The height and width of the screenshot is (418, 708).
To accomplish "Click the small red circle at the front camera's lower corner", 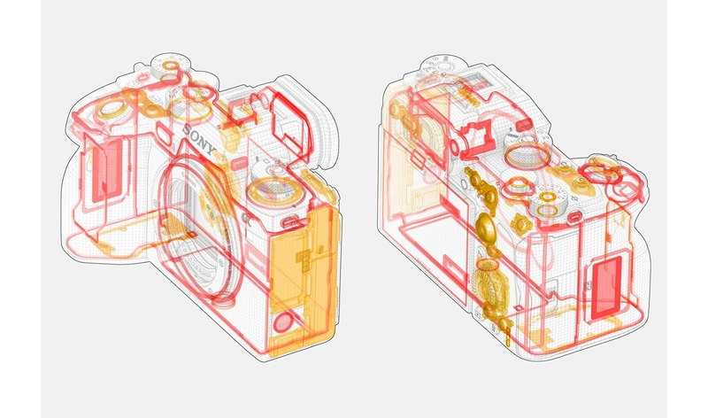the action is point(283,321).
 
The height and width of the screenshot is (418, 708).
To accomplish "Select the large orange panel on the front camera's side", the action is point(303,280).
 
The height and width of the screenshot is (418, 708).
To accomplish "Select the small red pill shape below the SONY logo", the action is point(239,162).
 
